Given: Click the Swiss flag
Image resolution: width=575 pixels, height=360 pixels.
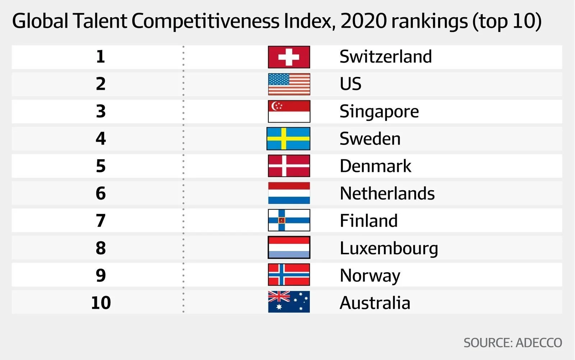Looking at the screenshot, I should (289, 57).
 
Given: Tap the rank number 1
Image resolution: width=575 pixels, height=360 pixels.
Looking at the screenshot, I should (101, 57).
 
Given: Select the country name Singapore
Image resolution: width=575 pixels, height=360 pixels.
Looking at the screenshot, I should (379, 111).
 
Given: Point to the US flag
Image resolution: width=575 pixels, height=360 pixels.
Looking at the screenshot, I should (289, 84).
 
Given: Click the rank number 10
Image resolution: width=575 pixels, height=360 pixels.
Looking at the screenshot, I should (101, 303).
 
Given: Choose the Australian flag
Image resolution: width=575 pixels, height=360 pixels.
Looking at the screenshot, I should (289, 302).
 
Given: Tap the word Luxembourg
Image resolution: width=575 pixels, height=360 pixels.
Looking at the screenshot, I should (389, 248).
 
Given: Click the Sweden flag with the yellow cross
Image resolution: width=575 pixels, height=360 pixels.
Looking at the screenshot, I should (288, 139).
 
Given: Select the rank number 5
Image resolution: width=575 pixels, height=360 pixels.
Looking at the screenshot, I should (101, 166).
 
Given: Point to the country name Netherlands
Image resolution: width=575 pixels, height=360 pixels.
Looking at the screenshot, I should (387, 193).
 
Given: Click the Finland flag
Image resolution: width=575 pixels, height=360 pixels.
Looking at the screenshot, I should (289, 220).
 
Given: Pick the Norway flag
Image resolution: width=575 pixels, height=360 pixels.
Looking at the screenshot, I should (289, 275).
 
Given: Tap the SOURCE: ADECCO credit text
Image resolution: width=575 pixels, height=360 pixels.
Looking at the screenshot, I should (512, 343).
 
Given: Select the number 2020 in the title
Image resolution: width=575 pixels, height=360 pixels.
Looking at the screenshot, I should (364, 21).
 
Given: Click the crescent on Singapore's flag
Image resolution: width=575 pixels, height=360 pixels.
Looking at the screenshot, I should (275, 106).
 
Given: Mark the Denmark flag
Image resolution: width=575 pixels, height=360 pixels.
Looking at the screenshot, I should (289, 166).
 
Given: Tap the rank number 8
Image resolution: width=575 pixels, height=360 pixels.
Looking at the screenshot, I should (101, 248).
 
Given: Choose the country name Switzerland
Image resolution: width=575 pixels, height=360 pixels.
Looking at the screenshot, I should (386, 57).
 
